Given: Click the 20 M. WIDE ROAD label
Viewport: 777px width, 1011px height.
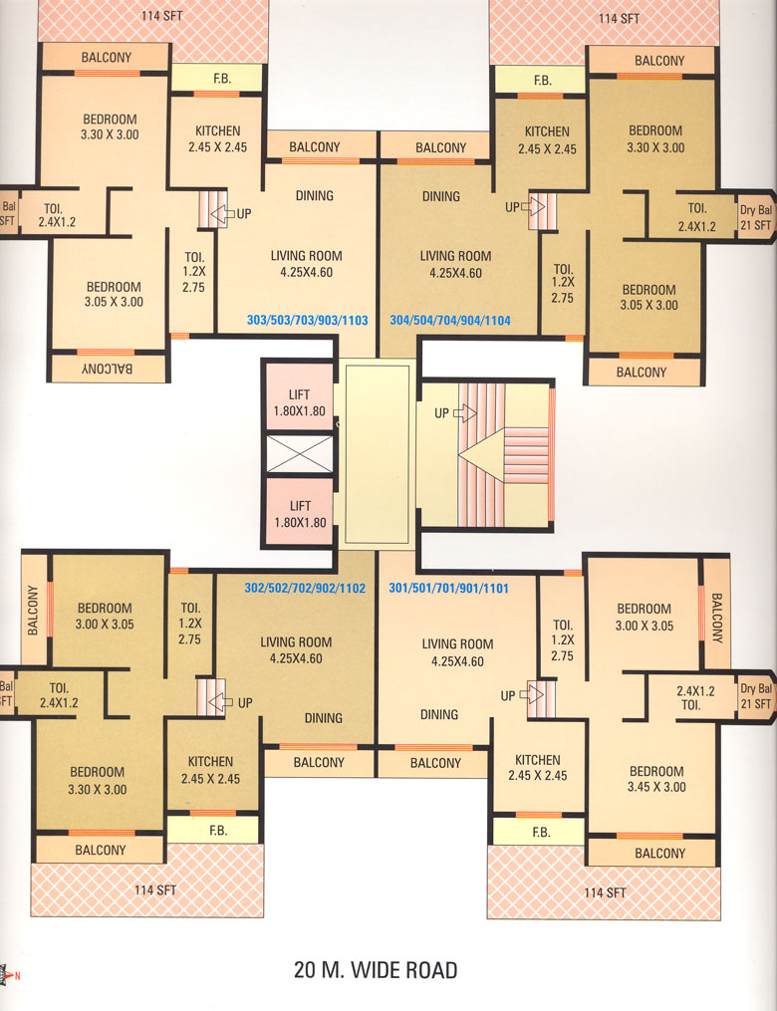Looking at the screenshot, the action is [376, 969].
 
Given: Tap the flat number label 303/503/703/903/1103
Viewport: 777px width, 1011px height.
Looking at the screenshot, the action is [308, 320].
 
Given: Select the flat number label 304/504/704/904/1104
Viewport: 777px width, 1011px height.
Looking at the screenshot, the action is [450, 320].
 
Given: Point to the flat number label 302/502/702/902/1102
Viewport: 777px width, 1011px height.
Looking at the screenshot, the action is [305, 588].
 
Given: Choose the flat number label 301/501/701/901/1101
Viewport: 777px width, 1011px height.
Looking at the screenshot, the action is [449, 588].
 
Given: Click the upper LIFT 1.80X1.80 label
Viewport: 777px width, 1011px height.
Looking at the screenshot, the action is [299, 403].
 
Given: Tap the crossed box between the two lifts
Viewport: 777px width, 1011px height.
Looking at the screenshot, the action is [299, 454].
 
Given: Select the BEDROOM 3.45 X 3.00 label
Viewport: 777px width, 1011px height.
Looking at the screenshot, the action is [656, 779].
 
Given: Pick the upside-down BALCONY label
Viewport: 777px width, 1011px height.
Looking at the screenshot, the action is [107, 369].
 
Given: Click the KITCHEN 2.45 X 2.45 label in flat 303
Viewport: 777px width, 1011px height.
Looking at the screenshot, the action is [218, 138].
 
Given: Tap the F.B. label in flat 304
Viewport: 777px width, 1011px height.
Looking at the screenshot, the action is [543, 81].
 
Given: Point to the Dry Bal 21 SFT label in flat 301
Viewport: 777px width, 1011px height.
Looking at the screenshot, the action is [756, 695].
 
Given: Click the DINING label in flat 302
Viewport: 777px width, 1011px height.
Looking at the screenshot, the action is [324, 717].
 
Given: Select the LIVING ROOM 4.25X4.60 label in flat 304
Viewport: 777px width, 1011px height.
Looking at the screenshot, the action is [456, 264].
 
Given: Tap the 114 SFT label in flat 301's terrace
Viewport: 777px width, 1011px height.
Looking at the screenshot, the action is [605, 892].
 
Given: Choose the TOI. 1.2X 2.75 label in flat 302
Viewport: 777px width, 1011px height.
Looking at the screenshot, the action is [189, 624].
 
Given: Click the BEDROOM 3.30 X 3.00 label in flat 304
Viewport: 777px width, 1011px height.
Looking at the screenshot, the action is [655, 138].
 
